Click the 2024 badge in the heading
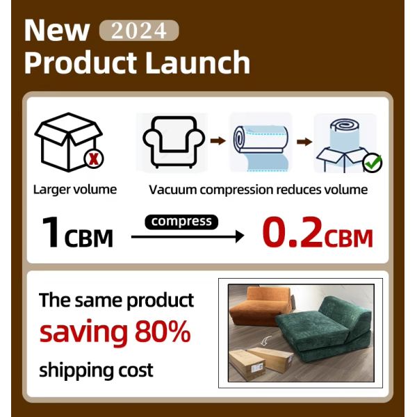[139, 31]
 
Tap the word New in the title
[57, 30]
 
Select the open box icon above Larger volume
[67, 142]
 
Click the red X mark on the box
[92, 159]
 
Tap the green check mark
[373, 164]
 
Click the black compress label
[181, 222]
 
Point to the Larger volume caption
[74, 190]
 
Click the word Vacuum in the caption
[172, 190]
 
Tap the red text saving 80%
[115, 332]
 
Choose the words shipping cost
[96, 369]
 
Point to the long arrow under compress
[188, 237]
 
